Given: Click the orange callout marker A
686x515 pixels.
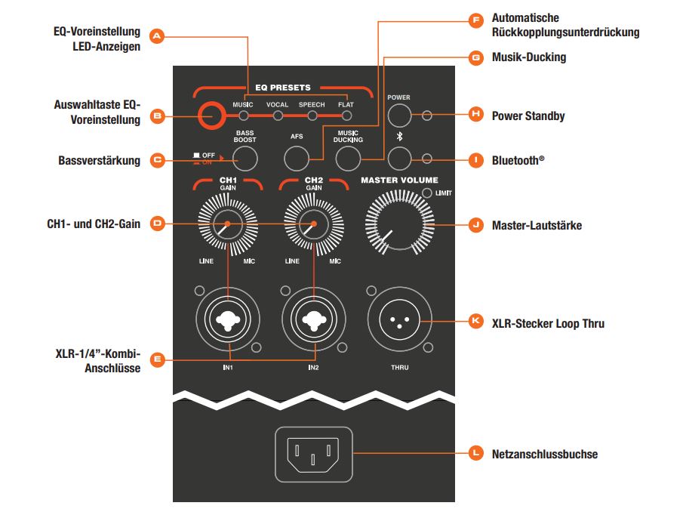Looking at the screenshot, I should click(x=157, y=35).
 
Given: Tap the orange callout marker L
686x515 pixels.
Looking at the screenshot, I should click(x=475, y=453).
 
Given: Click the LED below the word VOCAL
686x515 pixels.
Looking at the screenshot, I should click(x=278, y=116).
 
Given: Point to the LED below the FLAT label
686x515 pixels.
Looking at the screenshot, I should click(x=346, y=116).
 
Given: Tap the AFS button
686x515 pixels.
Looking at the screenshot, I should click(x=297, y=158).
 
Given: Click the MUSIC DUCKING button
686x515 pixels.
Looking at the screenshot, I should click(x=348, y=158).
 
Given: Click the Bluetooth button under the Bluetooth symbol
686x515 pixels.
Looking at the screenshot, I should click(x=400, y=158).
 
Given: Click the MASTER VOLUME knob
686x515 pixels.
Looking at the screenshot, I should click(x=399, y=224).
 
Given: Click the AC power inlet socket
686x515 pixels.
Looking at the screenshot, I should click(x=313, y=453).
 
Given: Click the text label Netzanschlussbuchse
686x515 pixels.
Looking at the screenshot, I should click(x=544, y=454).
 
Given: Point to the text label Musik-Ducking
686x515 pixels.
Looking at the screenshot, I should click(x=528, y=57).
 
